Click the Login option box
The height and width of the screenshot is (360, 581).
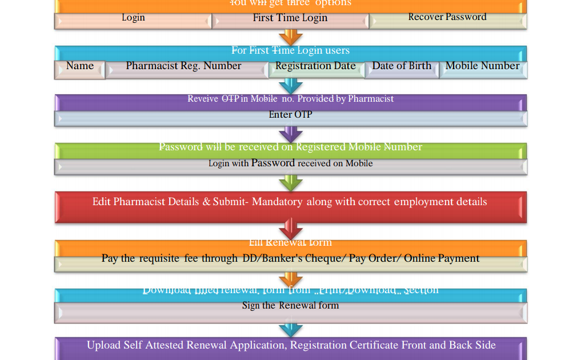tap(133, 19)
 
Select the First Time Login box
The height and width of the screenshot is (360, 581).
tap(290, 19)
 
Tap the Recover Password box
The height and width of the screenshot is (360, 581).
tap(447, 18)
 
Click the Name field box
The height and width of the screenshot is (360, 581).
tap(80, 67)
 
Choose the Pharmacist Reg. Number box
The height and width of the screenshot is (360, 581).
tap(184, 67)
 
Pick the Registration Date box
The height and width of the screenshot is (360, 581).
tap(315, 67)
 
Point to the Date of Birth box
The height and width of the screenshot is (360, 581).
tap(402, 67)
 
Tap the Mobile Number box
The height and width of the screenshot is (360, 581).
tap(482, 67)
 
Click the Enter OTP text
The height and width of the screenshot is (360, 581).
tap(290, 115)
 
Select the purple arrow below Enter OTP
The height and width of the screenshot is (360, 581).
tap(290, 135)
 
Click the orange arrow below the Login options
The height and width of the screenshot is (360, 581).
tap(290, 38)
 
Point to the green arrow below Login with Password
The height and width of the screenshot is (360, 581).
tap(290, 183)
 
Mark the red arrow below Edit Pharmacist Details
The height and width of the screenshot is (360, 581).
tap(290, 231)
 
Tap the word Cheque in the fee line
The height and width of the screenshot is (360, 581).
tap(324, 258)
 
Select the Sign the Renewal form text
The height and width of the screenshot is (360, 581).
tap(290, 306)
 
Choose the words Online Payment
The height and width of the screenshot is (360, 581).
tap(442, 258)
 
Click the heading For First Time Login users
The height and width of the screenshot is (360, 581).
tap(290, 50)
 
